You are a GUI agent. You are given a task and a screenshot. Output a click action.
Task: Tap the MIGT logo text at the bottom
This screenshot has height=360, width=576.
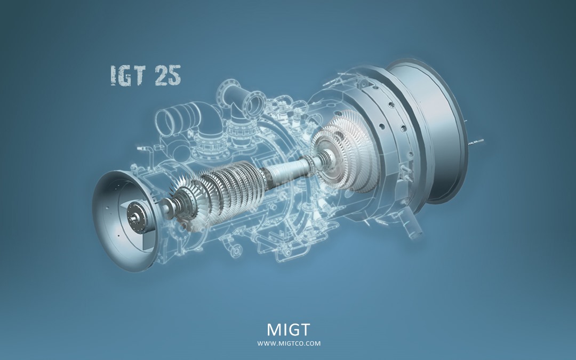(289, 330)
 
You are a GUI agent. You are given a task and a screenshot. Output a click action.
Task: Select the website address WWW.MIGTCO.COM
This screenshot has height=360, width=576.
(289, 344)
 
